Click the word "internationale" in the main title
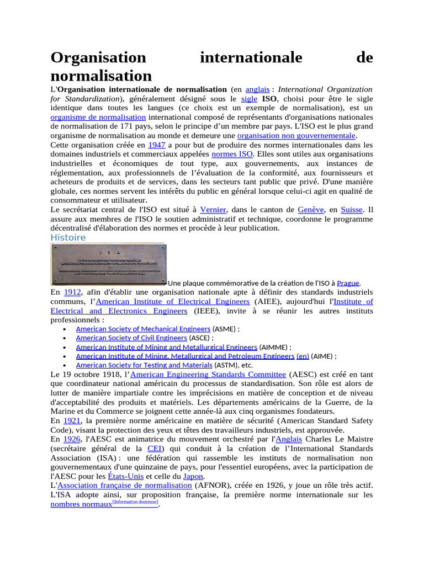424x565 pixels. [251, 58]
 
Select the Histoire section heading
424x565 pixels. [68, 238]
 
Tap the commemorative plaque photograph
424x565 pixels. [108, 264]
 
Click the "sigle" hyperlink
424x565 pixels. [250, 99]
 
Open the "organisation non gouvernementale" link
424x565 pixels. [296, 136]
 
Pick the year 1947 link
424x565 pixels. [157, 145]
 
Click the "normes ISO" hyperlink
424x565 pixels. [231, 154]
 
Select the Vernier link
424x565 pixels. [213, 210]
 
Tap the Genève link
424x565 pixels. [310, 210]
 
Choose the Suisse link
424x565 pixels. [352, 210]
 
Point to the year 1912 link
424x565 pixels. [72, 292]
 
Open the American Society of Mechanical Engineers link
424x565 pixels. [143, 329]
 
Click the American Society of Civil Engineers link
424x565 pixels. [131, 338]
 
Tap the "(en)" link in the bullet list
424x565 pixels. [303, 356]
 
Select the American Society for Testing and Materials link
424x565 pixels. [144, 365]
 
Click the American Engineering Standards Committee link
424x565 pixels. [208, 375]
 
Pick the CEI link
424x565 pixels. [155, 449]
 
